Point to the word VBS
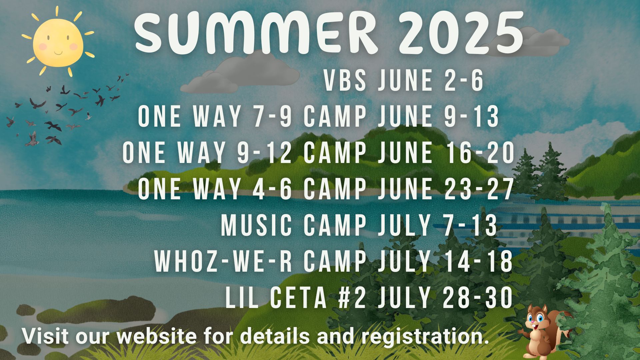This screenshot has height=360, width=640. click(x=345, y=81)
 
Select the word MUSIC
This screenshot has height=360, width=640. click(x=256, y=225)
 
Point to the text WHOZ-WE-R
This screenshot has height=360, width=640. click(x=223, y=262)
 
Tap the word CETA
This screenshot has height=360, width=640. click(x=299, y=298)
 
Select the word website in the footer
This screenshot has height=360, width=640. click(x=156, y=336)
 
